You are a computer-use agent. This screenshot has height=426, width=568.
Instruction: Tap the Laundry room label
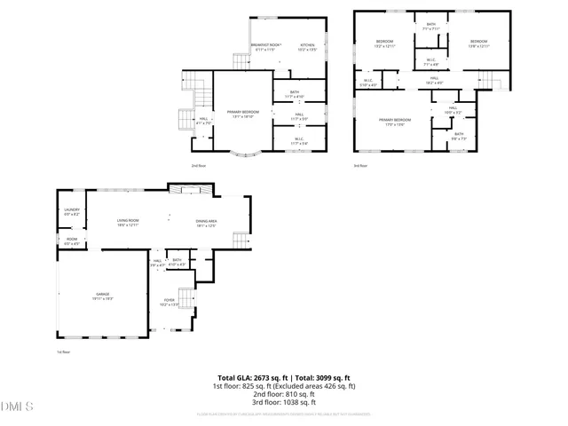click(72, 212)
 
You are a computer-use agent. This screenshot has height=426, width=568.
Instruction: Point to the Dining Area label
click(207, 223)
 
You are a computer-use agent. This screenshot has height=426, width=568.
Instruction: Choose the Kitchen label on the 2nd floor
click(307, 46)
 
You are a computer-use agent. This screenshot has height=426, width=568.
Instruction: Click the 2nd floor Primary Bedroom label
click(242, 114)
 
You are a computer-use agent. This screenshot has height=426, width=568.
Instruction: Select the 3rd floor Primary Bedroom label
click(395, 121)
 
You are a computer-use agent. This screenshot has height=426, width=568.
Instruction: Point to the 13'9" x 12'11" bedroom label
click(479, 43)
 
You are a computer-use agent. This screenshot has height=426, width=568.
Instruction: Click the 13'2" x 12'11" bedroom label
click(384, 43)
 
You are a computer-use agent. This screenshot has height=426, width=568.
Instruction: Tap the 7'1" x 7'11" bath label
click(430, 27)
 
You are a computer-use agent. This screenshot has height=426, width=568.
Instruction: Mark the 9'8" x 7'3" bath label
click(459, 136)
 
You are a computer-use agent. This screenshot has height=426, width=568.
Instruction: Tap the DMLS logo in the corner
click(18, 407)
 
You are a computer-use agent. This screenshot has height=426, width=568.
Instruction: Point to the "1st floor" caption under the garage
click(63, 352)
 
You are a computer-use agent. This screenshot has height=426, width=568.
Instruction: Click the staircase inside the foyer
click(186, 297)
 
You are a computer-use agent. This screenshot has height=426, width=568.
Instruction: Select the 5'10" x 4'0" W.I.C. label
click(369, 83)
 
